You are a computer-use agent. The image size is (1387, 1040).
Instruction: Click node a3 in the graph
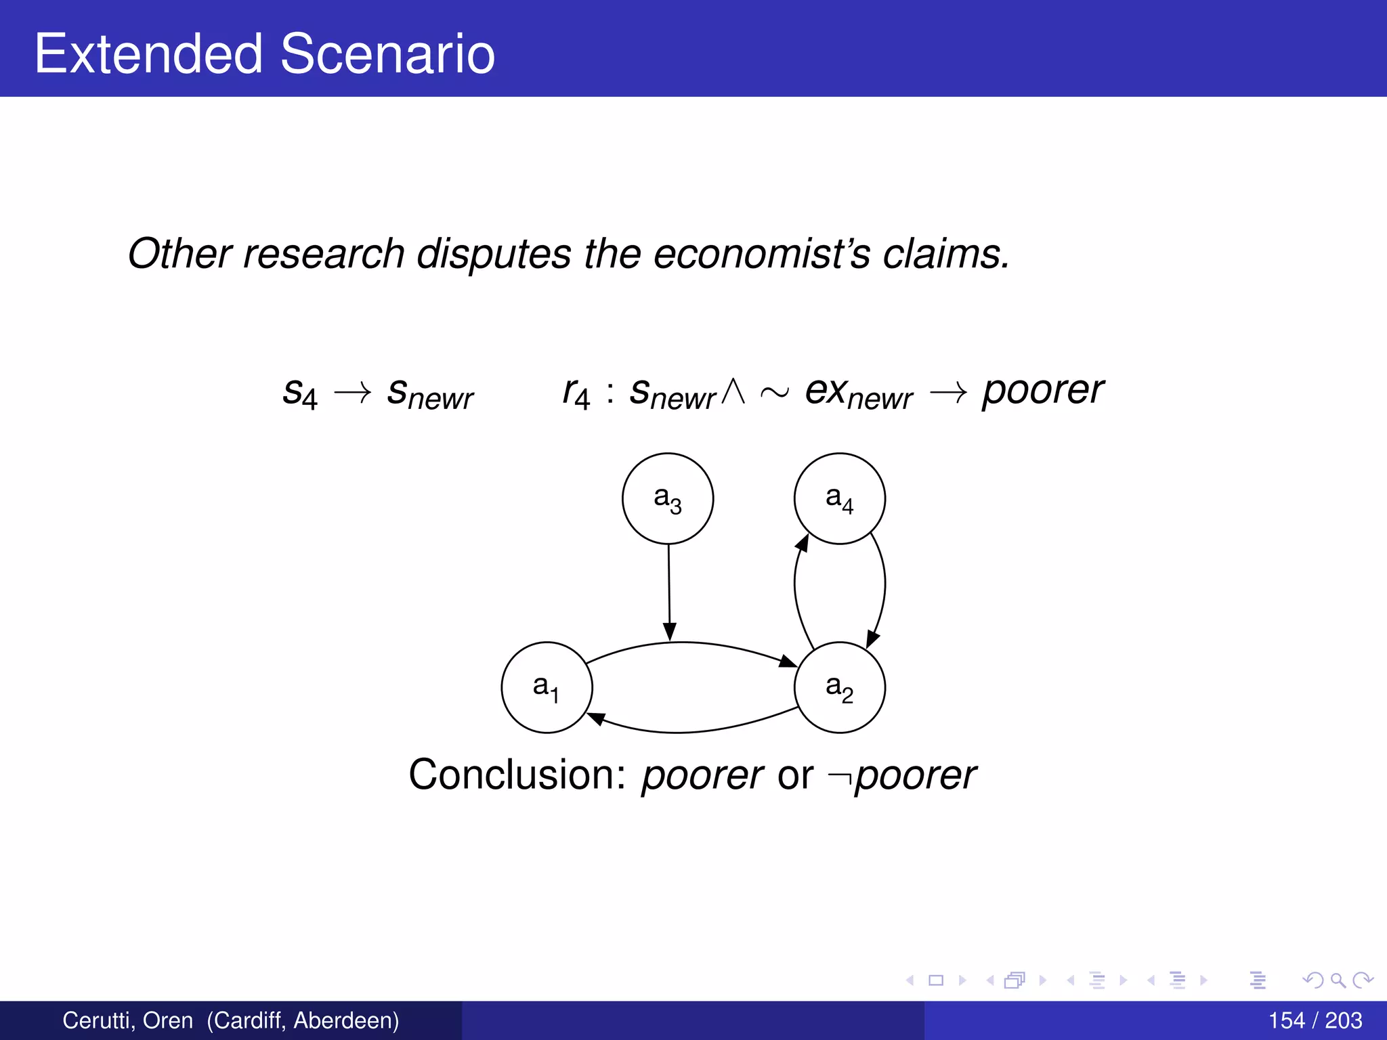tap(667, 498)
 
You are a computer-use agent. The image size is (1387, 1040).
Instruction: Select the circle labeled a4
tap(839, 498)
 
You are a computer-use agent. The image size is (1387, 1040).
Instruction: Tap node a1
tap(547, 687)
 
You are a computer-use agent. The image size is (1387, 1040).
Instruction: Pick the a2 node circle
tap(839, 687)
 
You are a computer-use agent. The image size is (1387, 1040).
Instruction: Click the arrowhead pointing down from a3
tap(669, 632)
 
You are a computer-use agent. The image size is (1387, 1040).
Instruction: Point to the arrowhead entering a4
tap(803, 543)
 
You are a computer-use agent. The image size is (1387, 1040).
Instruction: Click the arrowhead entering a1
tap(596, 718)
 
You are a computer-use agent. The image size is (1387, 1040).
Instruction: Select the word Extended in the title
tap(148, 53)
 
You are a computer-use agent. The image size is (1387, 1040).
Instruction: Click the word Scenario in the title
tap(387, 53)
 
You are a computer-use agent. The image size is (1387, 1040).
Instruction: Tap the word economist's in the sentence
tap(761, 254)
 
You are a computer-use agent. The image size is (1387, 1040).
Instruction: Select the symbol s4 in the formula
tap(299, 393)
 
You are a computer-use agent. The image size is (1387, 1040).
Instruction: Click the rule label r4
tap(576, 393)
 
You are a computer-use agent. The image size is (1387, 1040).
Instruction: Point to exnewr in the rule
tap(858, 393)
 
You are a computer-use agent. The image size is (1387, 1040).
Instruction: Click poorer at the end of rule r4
tap(1042, 391)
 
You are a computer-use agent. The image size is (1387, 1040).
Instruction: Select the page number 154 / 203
tap(1315, 1020)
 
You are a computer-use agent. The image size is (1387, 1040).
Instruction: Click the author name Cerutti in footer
tap(98, 1020)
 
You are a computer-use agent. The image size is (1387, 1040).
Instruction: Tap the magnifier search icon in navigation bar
tap(1337, 980)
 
